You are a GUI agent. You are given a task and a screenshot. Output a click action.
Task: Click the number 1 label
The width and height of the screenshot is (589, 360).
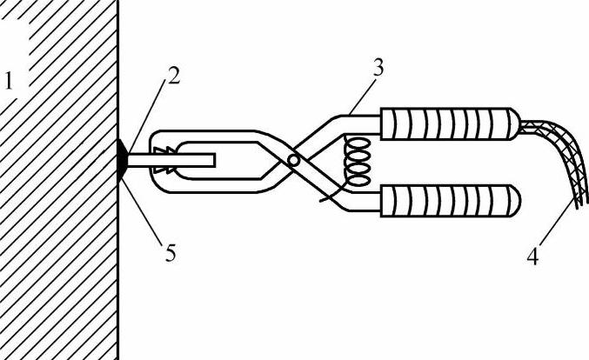(10, 83)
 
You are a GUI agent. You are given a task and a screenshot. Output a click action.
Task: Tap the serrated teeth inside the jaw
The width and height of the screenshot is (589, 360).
(163, 160)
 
